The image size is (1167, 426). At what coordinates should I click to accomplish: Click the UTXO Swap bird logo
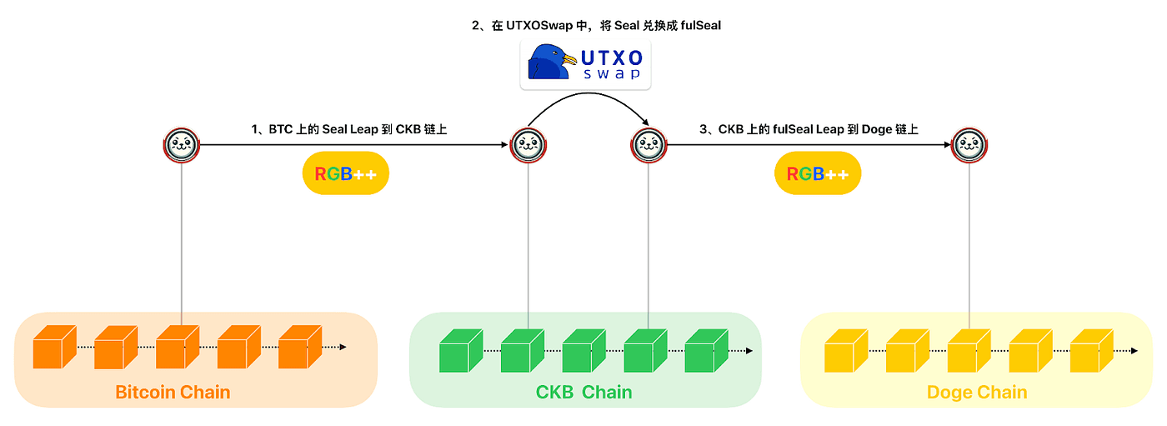click(552, 63)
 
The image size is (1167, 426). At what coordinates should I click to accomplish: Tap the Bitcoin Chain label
click(173, 392)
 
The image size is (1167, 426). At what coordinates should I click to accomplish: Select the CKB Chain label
click(583, 392)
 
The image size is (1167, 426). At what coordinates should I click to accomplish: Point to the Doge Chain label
click(977, 392)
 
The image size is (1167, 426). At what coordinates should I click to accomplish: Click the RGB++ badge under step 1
click(345, 173)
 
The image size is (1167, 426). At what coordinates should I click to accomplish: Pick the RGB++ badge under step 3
click(817, 173)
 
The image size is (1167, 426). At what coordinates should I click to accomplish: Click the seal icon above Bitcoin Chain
click(182, 145)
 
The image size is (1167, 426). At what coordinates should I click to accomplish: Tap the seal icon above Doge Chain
click(969, 145)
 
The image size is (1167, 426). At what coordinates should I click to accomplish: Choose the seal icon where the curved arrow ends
click(649, 145)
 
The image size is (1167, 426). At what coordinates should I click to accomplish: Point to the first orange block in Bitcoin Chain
click(54, 348)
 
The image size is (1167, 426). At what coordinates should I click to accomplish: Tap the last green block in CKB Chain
click(706, 350)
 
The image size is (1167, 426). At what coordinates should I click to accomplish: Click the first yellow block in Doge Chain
click(844, 350)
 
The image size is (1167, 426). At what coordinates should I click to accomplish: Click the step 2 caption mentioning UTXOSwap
click(596, 26)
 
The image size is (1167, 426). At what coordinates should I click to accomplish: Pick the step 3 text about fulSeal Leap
click(809, 129)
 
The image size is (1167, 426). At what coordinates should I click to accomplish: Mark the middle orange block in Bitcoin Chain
click(178, 348)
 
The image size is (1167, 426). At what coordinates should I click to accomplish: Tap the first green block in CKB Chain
click(460, 350)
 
